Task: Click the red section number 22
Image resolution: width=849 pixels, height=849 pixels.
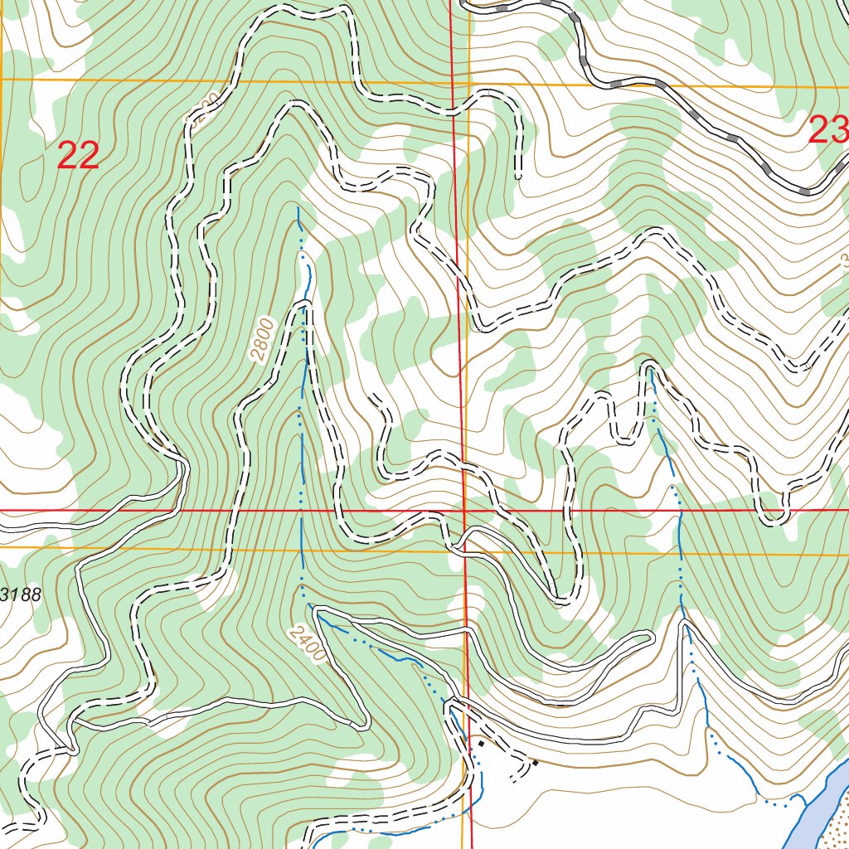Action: (x=78, y=156)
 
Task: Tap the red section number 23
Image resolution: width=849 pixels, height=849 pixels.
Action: (x=828, y=130)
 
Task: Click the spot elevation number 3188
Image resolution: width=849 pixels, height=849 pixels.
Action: (x=20, y=594)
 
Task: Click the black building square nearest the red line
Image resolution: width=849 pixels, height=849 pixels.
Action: (x=481, y=744)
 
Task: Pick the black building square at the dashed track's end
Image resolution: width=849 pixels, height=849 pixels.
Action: (x=535, y=763)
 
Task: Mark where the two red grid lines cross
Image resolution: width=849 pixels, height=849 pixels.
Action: (x=463, y=511)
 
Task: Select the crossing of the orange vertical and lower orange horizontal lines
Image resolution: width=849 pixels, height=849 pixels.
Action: (x=467, y=551)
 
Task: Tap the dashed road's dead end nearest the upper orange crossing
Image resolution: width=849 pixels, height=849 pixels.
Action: (x=518, y=177)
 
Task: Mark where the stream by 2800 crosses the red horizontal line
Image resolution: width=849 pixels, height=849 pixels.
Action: (x=300, y=511)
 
